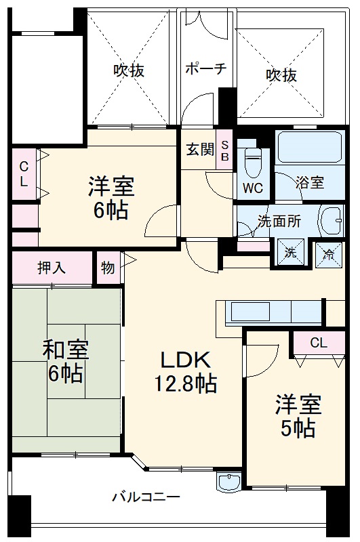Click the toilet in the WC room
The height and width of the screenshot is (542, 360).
click(x=253, y=161)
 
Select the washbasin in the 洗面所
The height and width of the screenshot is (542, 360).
click(x=332, y=220)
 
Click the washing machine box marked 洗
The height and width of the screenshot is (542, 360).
click(x=291, y=252)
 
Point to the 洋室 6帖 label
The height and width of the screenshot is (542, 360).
click(x=111, y=196)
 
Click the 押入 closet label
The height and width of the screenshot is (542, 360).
click(x=52, y=267)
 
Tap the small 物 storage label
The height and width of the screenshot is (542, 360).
click(x=108, y=267)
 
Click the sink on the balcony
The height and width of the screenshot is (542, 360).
click(x=228, y=481)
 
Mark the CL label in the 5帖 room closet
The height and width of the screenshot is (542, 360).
click(x=318, y=342)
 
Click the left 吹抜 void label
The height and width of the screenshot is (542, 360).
click(x=129, y=70)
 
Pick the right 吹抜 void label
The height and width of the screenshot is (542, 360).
click(x=281, y=75)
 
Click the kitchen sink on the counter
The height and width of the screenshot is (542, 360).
click(x=250, y=312)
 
